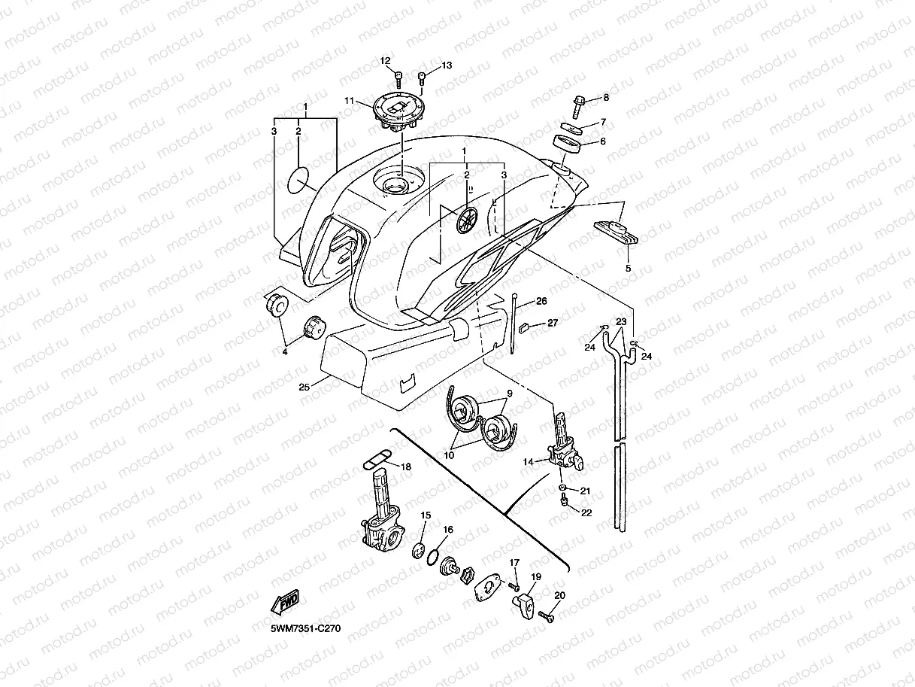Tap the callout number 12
pyautogui.click(x=385, y=61)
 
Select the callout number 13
pyautogui.click(x=447, y=66)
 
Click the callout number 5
pyautogui.click(x=628, y=267)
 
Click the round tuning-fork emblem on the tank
pyautogui.click(x=466, y=220)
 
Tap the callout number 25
pyautogui.click(x=304, y=387)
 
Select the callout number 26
pyautogui.click(x=541, y=302)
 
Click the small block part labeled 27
pyautogui.click(x=526, y=326)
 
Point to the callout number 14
pyautogui.click(x=528, y=461)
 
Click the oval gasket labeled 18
pyautogui.click(x=376, y=458)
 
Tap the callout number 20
pyautogui.click(x=559, y=595)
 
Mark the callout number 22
pyautogui.click(x=586, y=512)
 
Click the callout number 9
pyautogui.click(x=509, y=394)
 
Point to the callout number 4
pyautogui.click(x=284, y=351)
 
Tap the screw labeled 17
pyautogui.click(x=514, y=585)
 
